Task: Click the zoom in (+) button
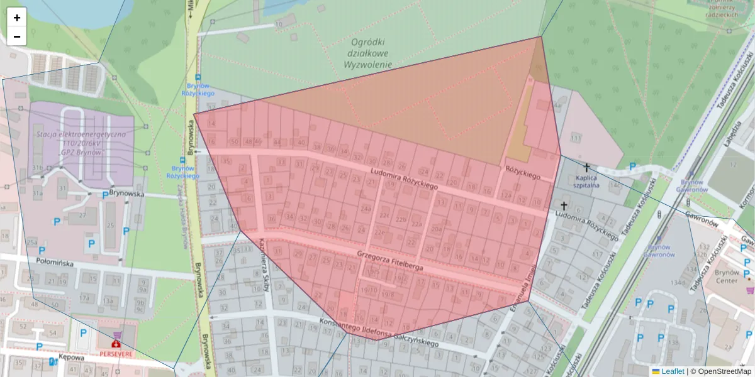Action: pyautogui.click(x=16, y=18)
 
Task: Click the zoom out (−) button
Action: pyautogui.click(x=16, y=36)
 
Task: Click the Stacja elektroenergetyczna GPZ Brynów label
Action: pyautogui.click(x=81, y=143)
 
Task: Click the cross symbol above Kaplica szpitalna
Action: pyautogui.click(x=586, y=168)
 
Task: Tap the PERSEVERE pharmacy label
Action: pyautogui.click(x=116, y=354)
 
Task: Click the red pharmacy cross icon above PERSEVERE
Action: pyautogui.click(x=116, y=344)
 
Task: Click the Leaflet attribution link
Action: pyautogui.click(x=672, y=371)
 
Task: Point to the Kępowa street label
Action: pyautogui.click(x=72, y=357)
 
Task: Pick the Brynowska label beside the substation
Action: pyautogui.click(x=126, y=194)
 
